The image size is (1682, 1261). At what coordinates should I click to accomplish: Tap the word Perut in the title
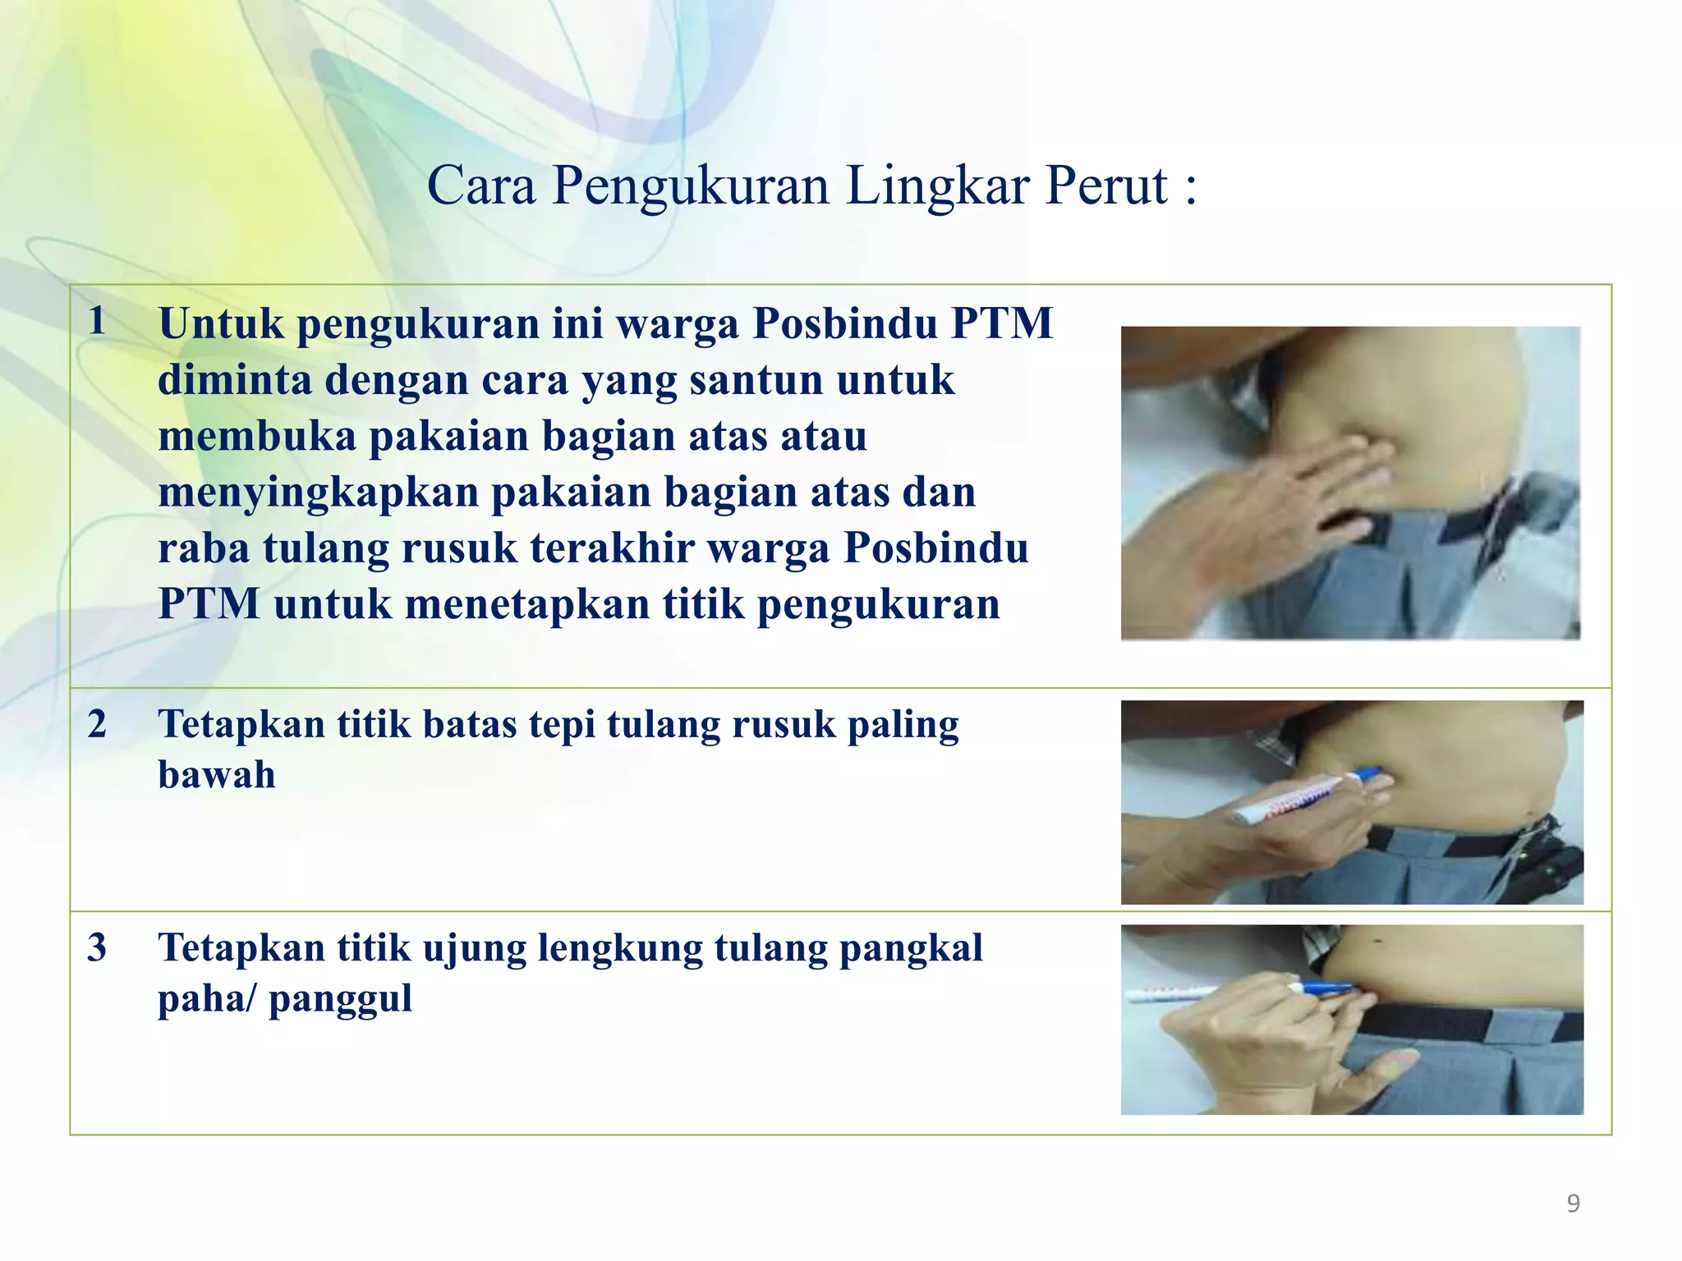tap(1105, 186)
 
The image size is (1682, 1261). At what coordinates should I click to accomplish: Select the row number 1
tap(97, 320)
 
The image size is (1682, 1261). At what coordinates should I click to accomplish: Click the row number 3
tap(97, 947)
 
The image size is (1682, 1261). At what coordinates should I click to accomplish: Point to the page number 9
tap(1573, 1204)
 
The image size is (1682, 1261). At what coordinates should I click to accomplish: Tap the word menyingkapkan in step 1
tap(318, 493)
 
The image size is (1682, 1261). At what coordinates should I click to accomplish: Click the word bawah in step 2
tap(216, 775)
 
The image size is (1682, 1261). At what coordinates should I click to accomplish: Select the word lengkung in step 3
tap(620, 949)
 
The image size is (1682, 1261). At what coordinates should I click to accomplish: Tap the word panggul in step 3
tap(340, 999)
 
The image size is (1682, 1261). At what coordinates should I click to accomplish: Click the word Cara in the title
tap(481, 186)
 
